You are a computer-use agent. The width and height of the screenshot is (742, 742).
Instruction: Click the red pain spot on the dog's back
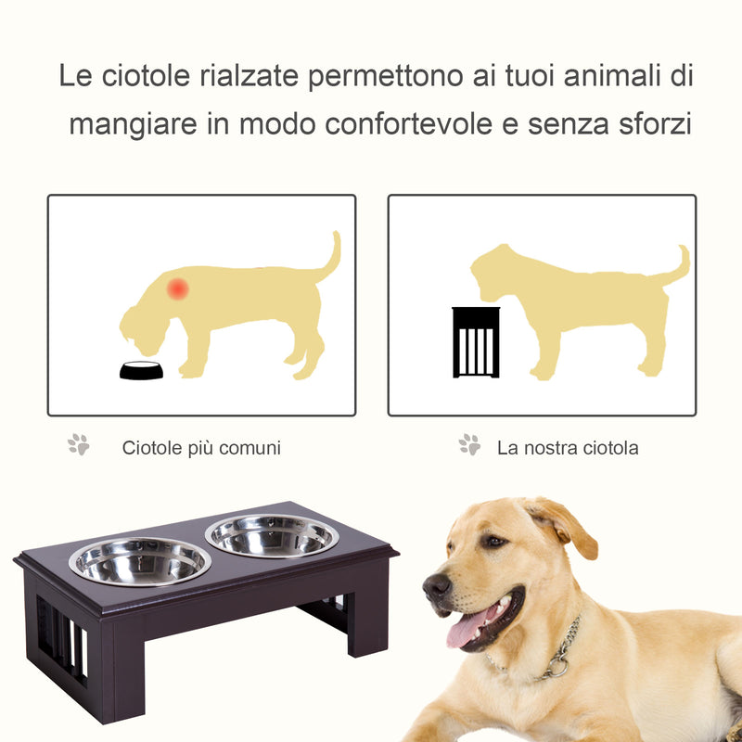click(x=177, y=288)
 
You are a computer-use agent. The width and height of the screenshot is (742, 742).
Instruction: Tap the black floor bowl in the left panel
click(x=141, y=370)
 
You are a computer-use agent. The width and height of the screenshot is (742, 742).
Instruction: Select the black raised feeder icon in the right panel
click(x=476, y=342)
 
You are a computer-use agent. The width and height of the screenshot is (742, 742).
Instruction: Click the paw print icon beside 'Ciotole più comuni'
click(x=79, y=445)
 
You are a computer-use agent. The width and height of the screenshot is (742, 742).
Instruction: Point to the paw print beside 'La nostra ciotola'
click(x=470, y=445)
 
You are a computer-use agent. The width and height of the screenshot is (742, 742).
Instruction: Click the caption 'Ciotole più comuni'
click(x=201, y=448)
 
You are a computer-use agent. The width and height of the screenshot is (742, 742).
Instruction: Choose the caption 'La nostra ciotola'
click(x=568, y=448)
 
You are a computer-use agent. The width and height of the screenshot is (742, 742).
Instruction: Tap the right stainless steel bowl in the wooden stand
click(x=272, y=535)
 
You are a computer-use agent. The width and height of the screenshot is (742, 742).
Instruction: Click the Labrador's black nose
click(x=436, y=585)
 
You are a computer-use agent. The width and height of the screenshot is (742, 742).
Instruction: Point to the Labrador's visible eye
click(x=494, y=541)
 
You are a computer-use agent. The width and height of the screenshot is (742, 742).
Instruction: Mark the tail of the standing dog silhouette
click(x=677, y=267)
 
